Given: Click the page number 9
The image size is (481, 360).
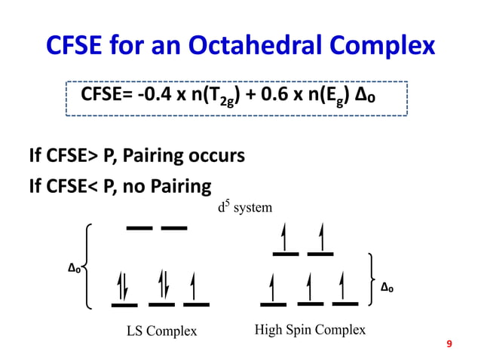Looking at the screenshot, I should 449,344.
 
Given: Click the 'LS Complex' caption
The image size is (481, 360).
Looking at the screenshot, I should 161,331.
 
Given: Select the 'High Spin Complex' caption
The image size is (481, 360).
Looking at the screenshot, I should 310,330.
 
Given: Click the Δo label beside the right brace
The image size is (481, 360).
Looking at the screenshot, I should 387,286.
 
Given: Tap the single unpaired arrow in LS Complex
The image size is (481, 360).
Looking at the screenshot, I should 195,287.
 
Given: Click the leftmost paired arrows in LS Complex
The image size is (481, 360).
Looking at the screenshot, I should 124,287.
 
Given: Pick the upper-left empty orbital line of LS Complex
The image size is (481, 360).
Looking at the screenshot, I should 139,227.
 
